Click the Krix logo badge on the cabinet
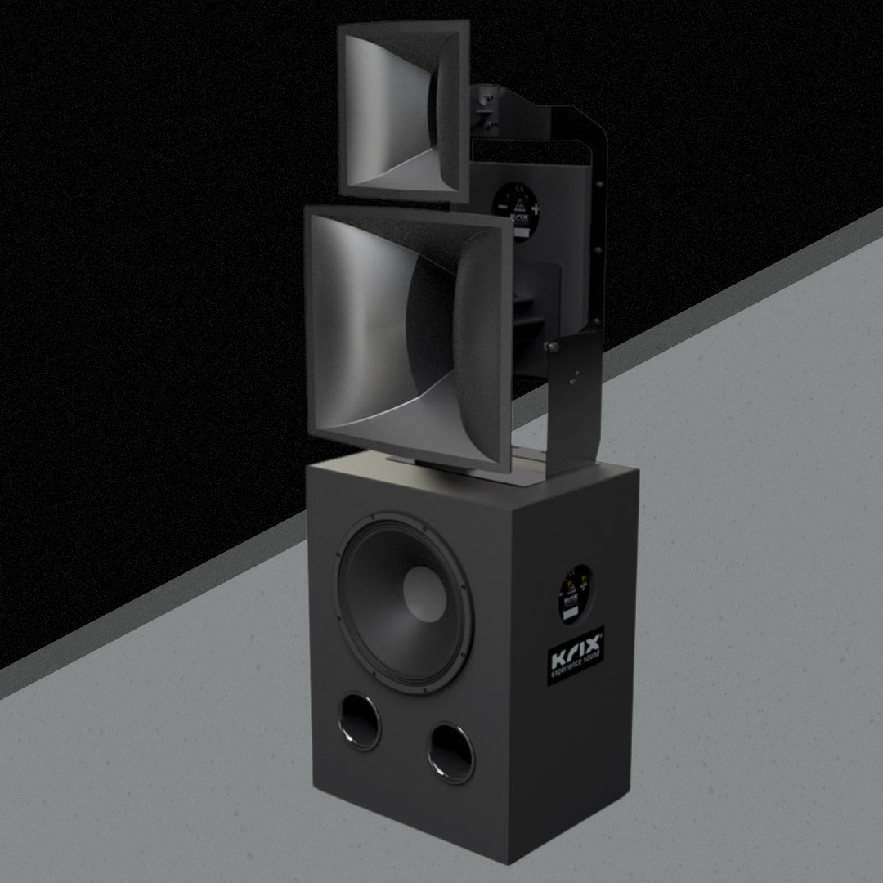576,656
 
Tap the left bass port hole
361,722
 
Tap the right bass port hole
450,753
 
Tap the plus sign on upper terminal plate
536,208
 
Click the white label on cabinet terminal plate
571,612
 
